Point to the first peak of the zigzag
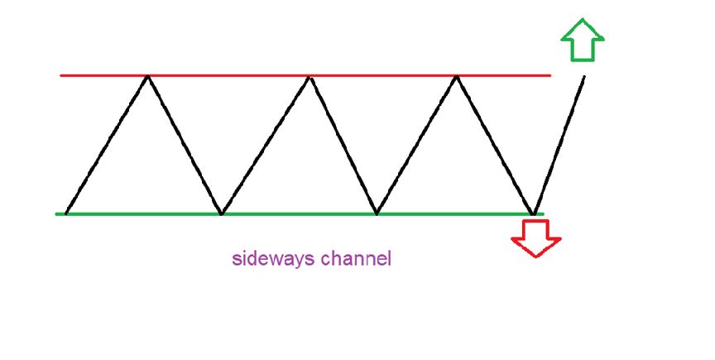pos(147,76)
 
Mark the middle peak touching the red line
pos(309,76)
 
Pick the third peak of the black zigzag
pos(455,76)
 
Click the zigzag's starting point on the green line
pos(66,213)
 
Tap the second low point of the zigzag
pos(220,214)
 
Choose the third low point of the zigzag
pos(377,214)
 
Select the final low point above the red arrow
pos(535,213)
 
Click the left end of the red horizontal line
pos(61,76)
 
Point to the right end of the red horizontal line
pos(549,75)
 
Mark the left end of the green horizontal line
pos(56,214)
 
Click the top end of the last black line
pos(584,77)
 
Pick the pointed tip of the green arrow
pos(583,19)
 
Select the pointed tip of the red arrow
pos(536,257)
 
